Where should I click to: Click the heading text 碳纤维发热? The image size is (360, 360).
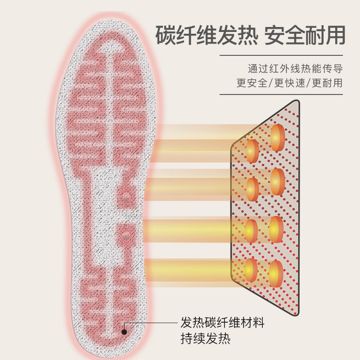click(205, 35)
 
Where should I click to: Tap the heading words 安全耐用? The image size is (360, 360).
click(305, 35)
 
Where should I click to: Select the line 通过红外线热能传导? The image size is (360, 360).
click(295, 69)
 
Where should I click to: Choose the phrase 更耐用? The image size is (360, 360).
click(327, 83)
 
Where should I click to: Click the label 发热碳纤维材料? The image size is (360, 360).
click(222, 323)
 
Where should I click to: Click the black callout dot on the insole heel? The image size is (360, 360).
click(125, 332)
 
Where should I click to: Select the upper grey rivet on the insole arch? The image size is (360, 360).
click(126, 198)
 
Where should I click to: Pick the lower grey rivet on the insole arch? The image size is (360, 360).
click(126, 235)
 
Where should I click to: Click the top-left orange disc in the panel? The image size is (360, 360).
click(253, 151)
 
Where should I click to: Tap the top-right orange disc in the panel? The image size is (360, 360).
click(278, 138)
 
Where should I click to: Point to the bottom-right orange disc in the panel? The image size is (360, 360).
click(276, 274)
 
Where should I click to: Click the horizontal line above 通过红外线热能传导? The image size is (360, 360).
click(281, 56)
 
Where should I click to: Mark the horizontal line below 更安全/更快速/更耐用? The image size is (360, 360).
click(281, 94)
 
